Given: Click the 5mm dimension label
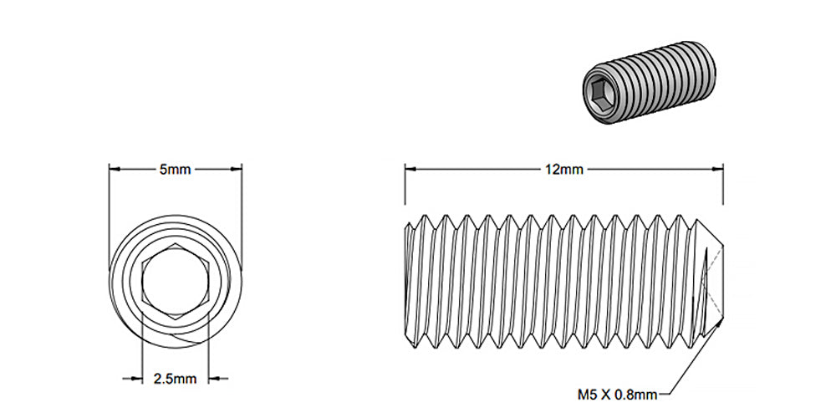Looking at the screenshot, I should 176,169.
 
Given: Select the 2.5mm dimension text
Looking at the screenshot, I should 176,379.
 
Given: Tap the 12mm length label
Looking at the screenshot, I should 563,169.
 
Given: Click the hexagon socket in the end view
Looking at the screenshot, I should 176,282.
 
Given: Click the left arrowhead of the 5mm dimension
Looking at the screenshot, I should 115,169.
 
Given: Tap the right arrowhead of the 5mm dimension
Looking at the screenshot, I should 236,169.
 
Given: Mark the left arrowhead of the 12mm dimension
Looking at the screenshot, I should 411,169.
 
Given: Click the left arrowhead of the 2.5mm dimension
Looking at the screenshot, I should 136,379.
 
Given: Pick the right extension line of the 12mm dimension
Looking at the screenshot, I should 723,188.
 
